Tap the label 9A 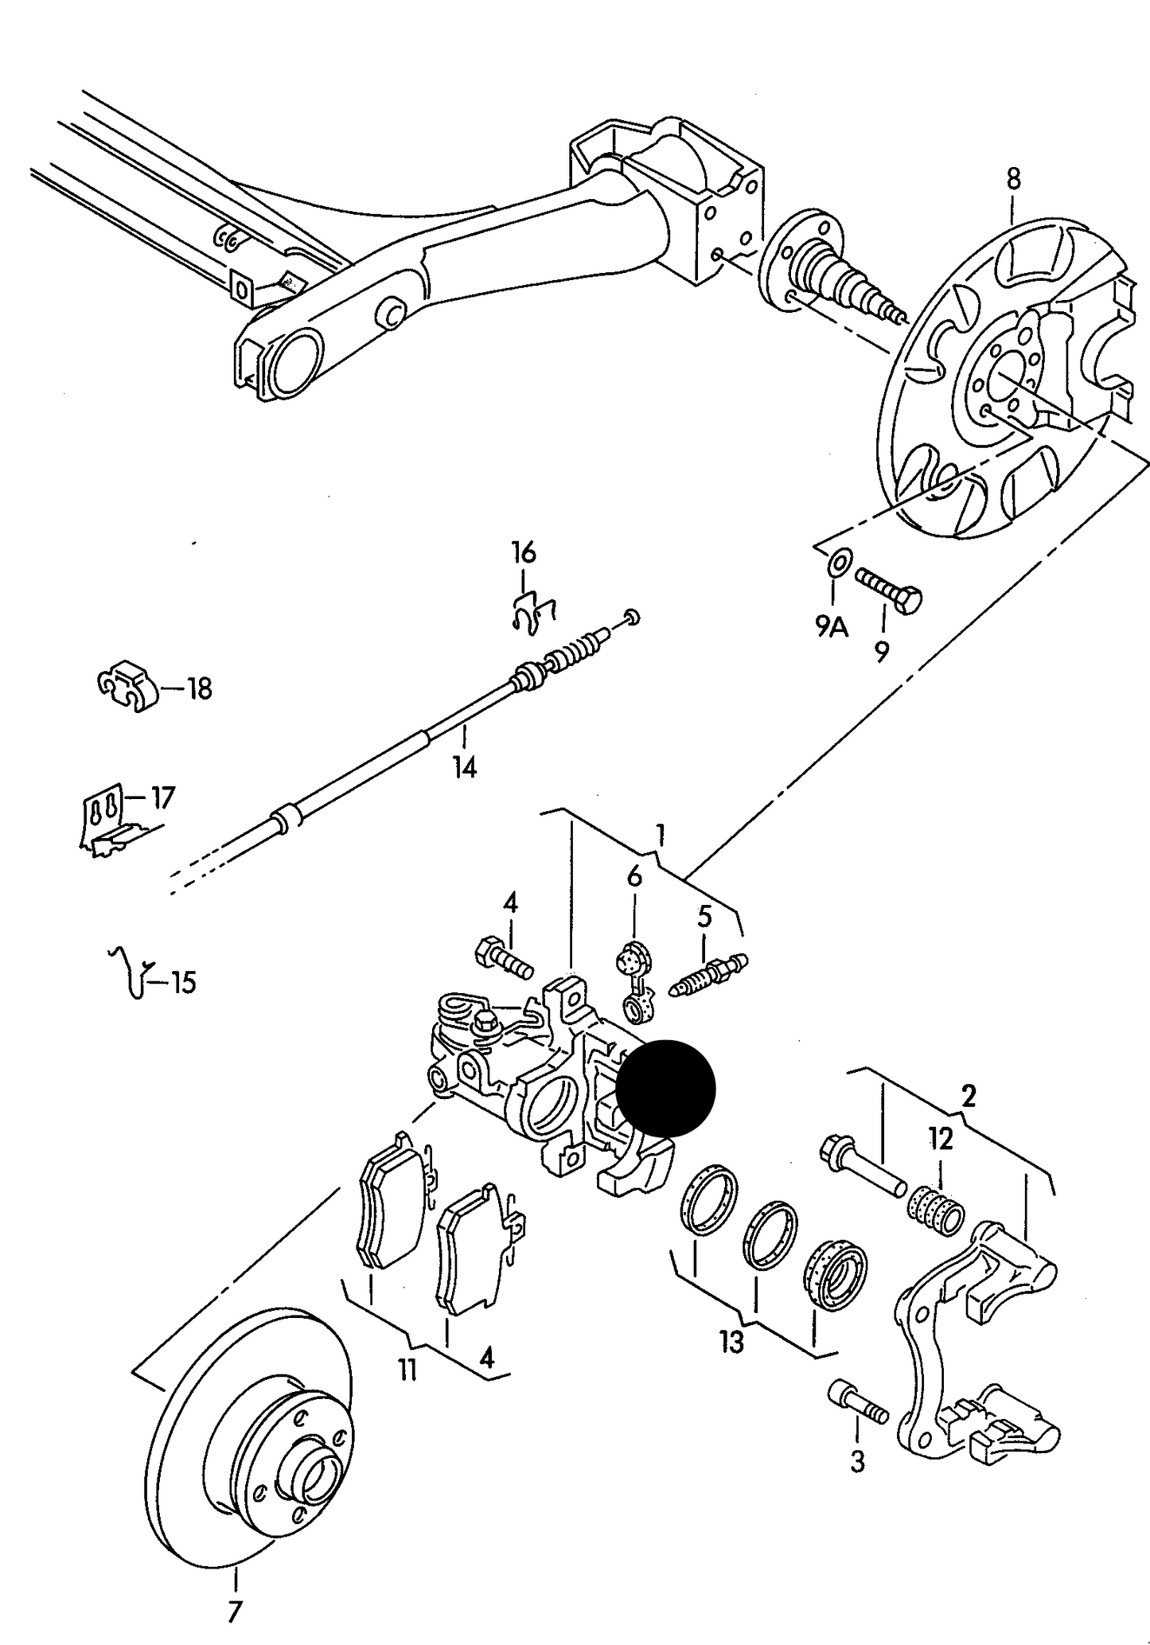832,628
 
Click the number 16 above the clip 523,552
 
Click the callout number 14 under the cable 465,767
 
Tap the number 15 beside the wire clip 182,983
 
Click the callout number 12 940,1139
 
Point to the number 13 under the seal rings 731,1342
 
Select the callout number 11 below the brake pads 407,1370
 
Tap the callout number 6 633,876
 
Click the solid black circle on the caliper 666,1088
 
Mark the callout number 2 968,1096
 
